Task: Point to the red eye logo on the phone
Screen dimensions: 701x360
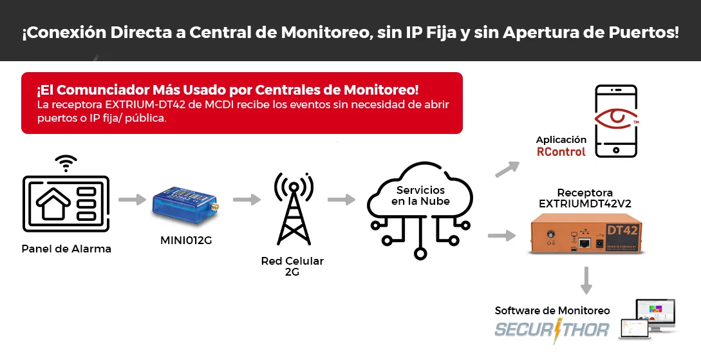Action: click(x=616, y=118)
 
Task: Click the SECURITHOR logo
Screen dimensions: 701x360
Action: click(x=552, y=330)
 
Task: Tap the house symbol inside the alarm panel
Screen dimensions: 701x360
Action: click(x=53, y=204)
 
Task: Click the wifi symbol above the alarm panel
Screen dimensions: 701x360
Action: click(x=66, y=163)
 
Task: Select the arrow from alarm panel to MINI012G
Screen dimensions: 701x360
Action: click(x=133, y=200)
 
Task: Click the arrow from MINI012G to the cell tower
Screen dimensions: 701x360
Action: click(x=247, y=200)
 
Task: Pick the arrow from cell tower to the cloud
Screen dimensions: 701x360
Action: click(x=342, y=200)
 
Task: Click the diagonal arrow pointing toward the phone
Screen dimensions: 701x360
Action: click(x=507, y=169)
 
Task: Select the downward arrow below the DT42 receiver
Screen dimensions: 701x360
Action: click(x=586, y=280)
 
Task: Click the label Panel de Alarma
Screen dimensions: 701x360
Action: click(x=66, y=249)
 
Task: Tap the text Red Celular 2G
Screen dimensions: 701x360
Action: click(x=292, y=266)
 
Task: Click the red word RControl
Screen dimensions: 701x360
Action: click(x=561, y=151)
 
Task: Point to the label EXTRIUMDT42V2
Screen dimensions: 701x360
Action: click(x=584, y=204)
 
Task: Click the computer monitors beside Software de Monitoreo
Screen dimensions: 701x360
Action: click(x=648, y=319)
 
